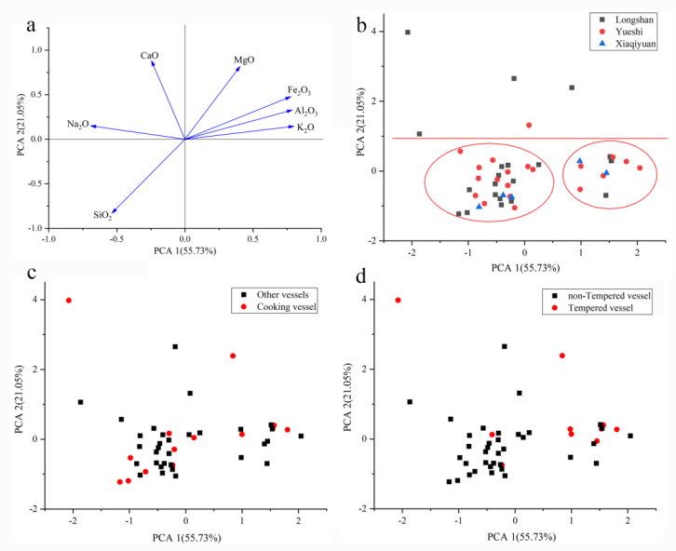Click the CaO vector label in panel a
149,56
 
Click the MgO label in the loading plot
244,60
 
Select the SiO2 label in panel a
102,216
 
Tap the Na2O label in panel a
77,124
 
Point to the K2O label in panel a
305,128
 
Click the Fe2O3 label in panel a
299,90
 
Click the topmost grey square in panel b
408,33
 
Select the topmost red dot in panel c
69,301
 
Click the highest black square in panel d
504,346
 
